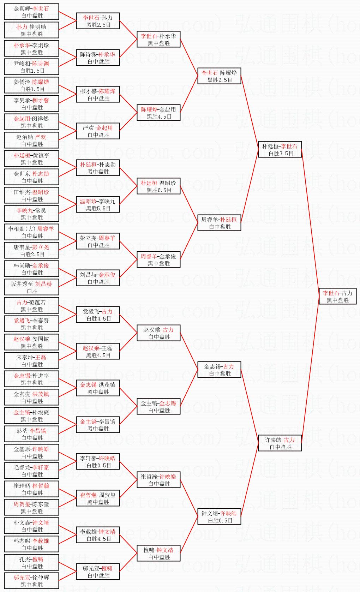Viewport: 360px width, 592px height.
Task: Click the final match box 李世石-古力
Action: coord(337,296)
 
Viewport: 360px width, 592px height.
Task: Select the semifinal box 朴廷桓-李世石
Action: coord(280,149)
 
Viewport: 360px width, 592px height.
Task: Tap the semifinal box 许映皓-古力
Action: coord(280,443)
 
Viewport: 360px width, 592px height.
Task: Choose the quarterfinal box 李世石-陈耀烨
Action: coord(219,76)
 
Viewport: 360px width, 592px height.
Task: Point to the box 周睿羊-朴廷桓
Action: coord(219,223)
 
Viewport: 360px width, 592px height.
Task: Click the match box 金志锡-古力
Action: coord(219,370)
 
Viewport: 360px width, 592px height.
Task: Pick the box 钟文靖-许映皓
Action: coord(219,517)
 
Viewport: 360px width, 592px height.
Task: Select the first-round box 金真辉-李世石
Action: coord(31,12)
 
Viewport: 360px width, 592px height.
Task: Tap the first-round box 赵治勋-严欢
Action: coord(31,140)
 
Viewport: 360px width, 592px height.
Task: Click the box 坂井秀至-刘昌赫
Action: coord(31,287)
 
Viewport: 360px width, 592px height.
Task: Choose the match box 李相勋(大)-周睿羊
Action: coord(31,232)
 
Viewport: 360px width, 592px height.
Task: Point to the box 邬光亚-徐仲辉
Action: coord(31,581)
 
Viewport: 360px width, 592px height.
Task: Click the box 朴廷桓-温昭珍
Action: coord(158,186)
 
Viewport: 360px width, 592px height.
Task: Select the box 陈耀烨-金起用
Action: coord(158,113)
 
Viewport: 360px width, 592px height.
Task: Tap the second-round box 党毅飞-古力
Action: coord(98,315)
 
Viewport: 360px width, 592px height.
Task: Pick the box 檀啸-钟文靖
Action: coord(158,554)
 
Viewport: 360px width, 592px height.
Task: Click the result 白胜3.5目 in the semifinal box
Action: coord(281,153)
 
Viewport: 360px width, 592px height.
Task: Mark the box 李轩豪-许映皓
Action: coord(98,462)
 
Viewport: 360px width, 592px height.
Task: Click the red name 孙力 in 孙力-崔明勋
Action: coord(22,27)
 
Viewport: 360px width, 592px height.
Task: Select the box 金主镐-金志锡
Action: coord(158,406)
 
